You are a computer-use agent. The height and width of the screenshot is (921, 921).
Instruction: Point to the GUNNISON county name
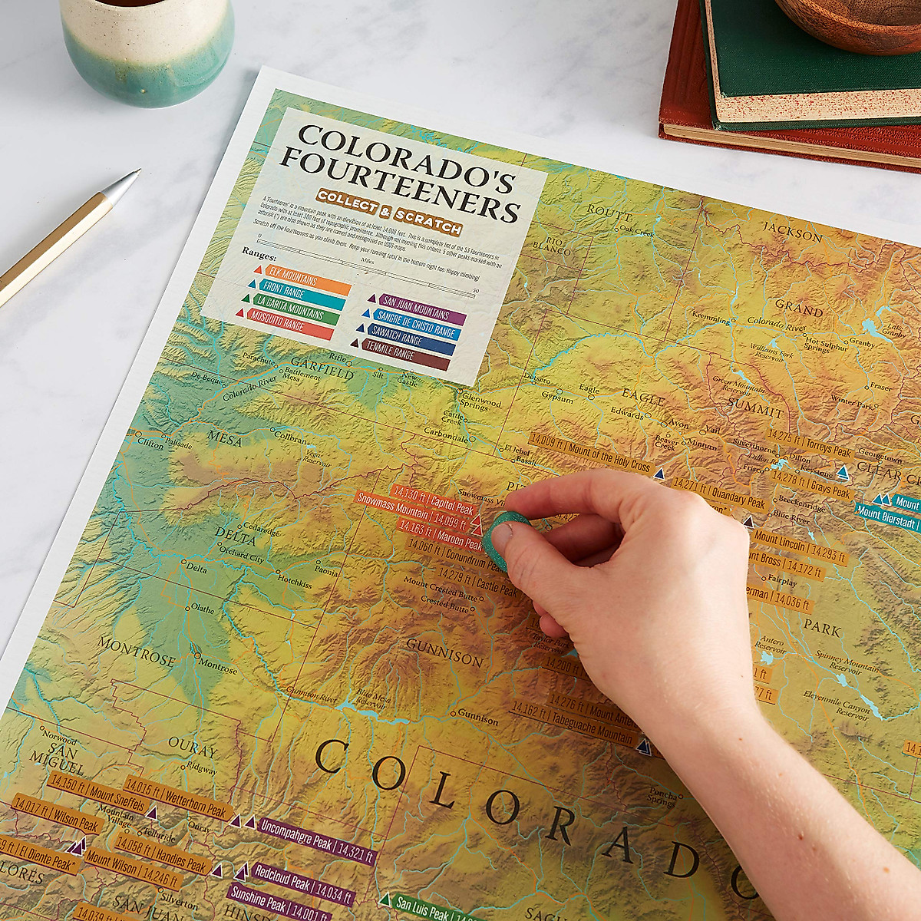click(444, 652)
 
